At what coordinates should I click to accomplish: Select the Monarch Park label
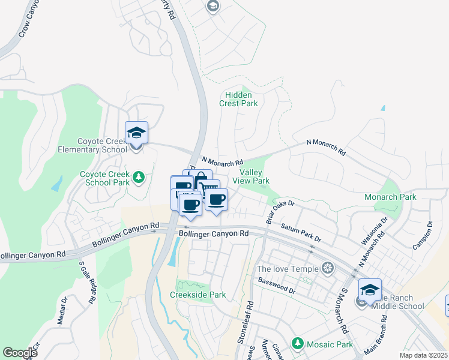coord(390,197)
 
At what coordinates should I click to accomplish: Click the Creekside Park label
coord(197,295)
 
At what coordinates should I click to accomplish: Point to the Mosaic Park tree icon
coord(297,343)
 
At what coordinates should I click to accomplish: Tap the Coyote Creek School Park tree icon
coord(139,177)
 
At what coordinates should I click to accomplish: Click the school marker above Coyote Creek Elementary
coord(136,132)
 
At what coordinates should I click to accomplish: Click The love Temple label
coord(288,268)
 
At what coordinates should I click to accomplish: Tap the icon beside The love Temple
coord(328,268)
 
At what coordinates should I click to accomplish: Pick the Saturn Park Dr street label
coord(301,233)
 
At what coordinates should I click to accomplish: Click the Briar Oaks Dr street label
coord(280,211)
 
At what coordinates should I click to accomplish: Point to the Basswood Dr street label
coord(277,286)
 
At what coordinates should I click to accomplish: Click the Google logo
coord(20,353)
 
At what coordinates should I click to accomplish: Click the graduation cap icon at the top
coord(212,6)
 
